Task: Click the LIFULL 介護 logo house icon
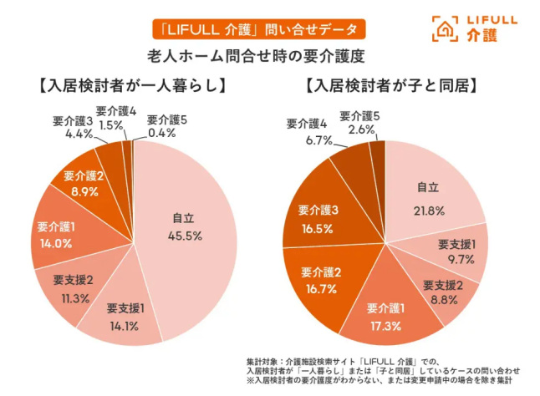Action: pos(444,28)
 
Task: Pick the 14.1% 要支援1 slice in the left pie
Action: pos(126,313)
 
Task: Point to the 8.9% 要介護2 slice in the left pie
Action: pos(83,182)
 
